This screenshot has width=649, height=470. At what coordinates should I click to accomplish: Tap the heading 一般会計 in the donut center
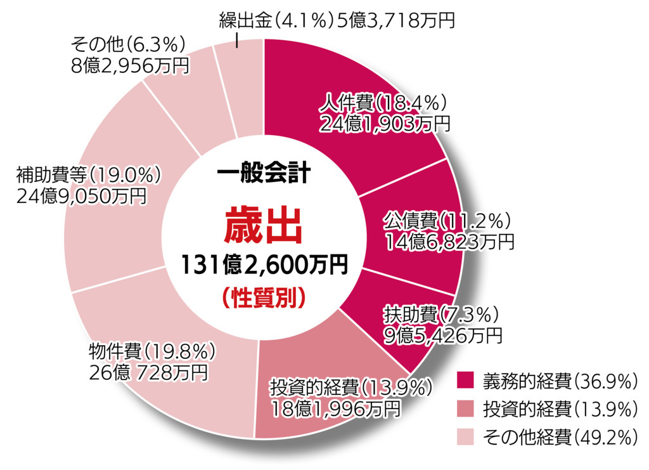tap(262, 173)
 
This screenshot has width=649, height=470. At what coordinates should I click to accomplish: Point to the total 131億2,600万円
tap(262, 265)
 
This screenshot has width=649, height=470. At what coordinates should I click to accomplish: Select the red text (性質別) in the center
tap(262, 297)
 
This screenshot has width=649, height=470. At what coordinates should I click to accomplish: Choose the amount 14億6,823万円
tap(449, 242)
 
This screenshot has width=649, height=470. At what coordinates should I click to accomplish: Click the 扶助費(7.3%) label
tap(441, 313)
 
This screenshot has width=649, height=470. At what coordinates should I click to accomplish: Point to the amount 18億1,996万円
tap(336, 407)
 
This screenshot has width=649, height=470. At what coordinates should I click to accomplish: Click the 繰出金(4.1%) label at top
tap(275, 20)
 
